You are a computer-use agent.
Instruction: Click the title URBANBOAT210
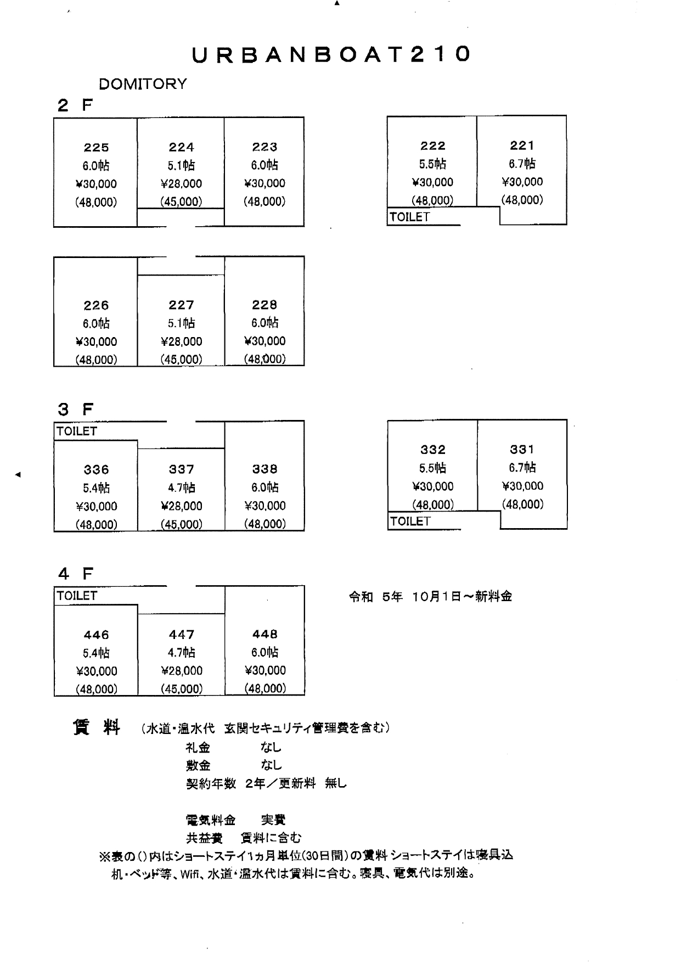click(331, 54)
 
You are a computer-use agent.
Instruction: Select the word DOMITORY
click(143, 84)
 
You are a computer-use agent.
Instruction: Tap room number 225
click(96, 147)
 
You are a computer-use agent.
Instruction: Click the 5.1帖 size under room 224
click(181, 165)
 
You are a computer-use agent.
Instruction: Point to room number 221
click(522, 145)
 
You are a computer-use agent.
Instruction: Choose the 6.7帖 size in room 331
click(522, 468)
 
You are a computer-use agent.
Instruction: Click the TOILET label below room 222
click(409, 217)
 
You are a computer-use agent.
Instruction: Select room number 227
click(181, 305)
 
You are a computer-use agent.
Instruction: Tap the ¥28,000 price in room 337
click(181, 506)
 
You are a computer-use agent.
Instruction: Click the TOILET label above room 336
click(77, 431)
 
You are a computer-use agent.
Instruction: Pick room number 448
click(264, 634)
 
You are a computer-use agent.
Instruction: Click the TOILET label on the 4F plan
click(77, 596)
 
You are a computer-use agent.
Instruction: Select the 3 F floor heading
click(76, 410)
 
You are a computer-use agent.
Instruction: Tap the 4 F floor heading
click(76, 574)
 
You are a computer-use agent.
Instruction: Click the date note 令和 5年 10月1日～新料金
click(430, 597)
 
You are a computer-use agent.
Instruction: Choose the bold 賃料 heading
click(97, 727)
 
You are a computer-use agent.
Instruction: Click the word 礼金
click(198, 748)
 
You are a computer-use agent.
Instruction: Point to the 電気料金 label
click(211, 820)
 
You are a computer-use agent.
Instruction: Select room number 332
click(432, 450)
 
